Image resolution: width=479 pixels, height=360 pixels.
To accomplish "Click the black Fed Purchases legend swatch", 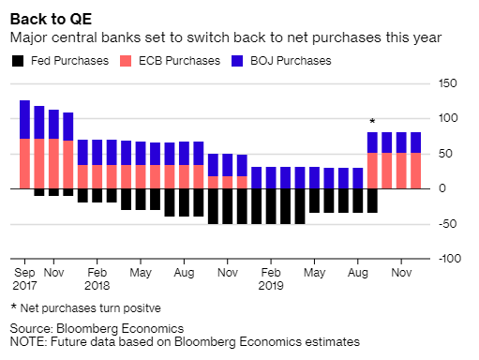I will [18, 61].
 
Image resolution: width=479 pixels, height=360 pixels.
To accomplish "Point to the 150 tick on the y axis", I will [447, 84].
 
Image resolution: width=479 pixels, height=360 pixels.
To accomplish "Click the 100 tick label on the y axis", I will [447, 119].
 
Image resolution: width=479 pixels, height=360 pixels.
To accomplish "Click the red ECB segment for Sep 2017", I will [25, 163].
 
